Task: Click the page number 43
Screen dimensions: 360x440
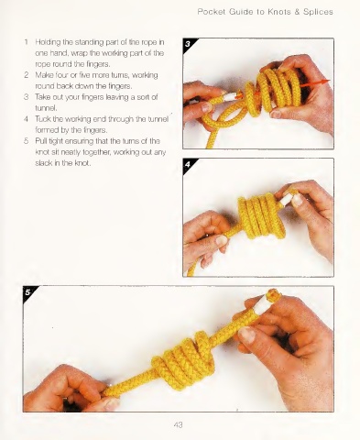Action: [x=178, y=424]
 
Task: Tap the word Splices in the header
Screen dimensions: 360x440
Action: [x=318, y=12]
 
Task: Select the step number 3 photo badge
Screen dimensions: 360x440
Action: [x=189, y=44]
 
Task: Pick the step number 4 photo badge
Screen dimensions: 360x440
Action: [x=189, y=164]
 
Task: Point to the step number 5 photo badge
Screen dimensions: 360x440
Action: [x=28, y=292]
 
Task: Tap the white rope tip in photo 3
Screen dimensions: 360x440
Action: [x=229, y=96]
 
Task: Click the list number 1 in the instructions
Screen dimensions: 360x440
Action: [x=27, y=41]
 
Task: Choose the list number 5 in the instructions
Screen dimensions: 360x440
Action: [x=27, y=141]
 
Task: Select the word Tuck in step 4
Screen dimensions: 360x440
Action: [x=42, y=119]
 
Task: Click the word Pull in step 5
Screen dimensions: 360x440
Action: [x=40, y=141]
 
